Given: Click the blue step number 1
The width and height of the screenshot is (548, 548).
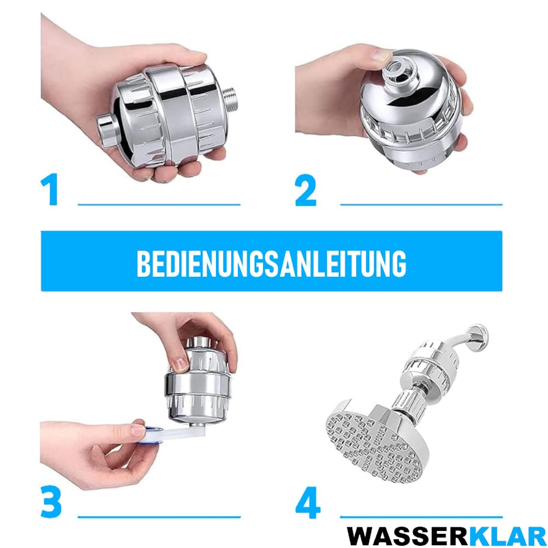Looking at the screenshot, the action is (x=50, y=189).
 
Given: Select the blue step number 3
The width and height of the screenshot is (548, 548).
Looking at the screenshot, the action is (x=51, y=501).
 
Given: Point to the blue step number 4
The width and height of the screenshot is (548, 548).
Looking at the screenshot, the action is (x=307, y=502).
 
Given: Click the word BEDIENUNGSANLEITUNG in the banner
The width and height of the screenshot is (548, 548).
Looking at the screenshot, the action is (x=271, y=264).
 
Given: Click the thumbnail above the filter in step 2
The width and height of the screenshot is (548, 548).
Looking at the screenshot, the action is (x=381, y=54).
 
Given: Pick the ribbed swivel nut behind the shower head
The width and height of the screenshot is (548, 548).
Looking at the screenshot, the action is (x=410, y=404).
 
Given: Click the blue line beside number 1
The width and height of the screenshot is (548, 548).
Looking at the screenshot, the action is (x=159, y=204).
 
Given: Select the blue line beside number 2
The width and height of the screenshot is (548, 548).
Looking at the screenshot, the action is (x=421, y=204).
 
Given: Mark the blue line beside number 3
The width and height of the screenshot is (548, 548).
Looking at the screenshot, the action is (x=159, y=517).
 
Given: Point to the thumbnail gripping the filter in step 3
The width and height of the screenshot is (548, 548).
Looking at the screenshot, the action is (x=180, y=364).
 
